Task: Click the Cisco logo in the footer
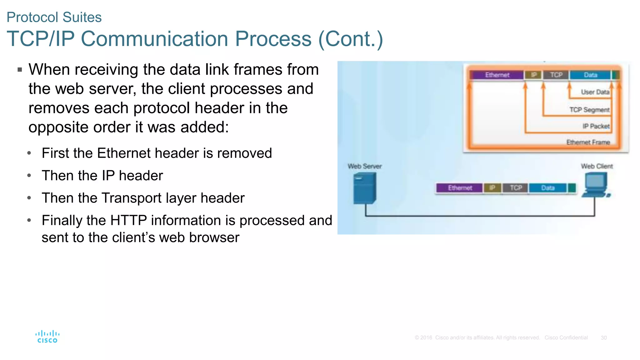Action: [x=47, y=337]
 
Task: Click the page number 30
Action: [x=603, y=338]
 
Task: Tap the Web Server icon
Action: [x=365, y=188]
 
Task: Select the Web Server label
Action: [x=365, y=166]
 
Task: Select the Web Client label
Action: [x=597, y=166]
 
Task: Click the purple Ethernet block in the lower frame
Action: [x=460, y=188]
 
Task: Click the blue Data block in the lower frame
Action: [x=547, y=188]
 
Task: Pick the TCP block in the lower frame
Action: [x=516, y=188]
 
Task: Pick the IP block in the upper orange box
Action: [x=534, y=75]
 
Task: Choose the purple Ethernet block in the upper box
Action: [x=497, y=75]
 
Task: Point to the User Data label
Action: [x=595, y=92]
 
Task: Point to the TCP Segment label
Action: [x=589, y=110]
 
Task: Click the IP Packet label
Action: [x=596, y=126]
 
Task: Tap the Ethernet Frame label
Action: [x=588, y=142]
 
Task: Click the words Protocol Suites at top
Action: [x=54, y=17]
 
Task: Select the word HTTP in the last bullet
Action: [x=128, y=220]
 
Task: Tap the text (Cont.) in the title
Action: [x=350, y=39]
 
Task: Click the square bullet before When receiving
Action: [x=20, y=70]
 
